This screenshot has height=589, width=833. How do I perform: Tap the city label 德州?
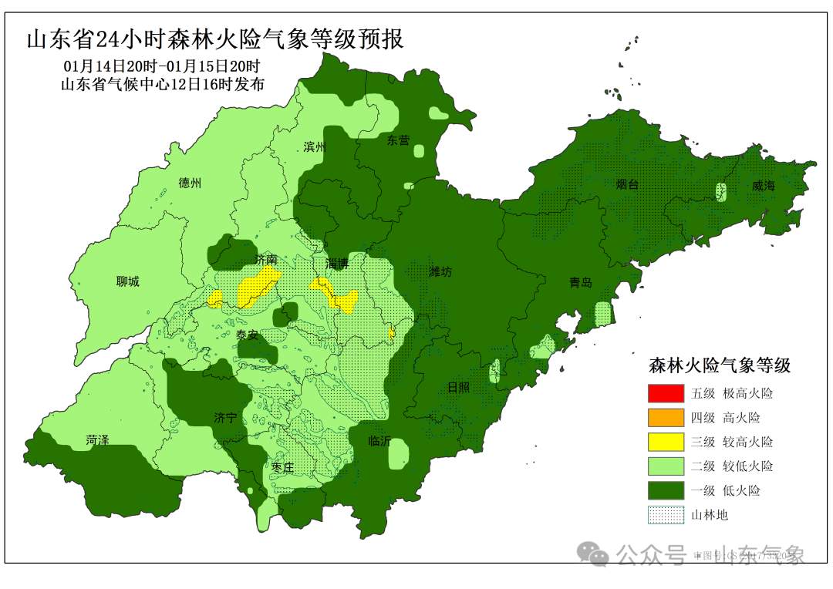[190, 183]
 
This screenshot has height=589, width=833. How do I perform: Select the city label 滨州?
[315, 146]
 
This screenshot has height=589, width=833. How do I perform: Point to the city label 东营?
[399, 140]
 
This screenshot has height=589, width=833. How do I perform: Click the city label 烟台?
[627, 184]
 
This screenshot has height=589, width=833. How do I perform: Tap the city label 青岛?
[581, 283]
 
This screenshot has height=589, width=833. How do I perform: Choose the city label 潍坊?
[440, 271]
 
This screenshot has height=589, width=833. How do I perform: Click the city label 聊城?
[128, 281]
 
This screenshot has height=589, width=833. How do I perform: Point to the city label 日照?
[458, 387]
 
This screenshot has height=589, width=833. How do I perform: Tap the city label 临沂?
[380, 441]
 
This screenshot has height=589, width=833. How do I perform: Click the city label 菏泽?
[97, 439]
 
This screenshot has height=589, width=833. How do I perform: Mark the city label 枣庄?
[284, 467]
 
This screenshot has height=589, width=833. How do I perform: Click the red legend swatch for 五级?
[666, 393]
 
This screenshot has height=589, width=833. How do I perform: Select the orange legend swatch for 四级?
[666, 418]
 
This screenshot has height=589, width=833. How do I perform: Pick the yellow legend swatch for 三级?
[666, 442]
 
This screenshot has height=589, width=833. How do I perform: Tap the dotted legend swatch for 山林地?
[666, 515]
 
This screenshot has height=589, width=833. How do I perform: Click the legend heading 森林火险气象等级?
[719, 365]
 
